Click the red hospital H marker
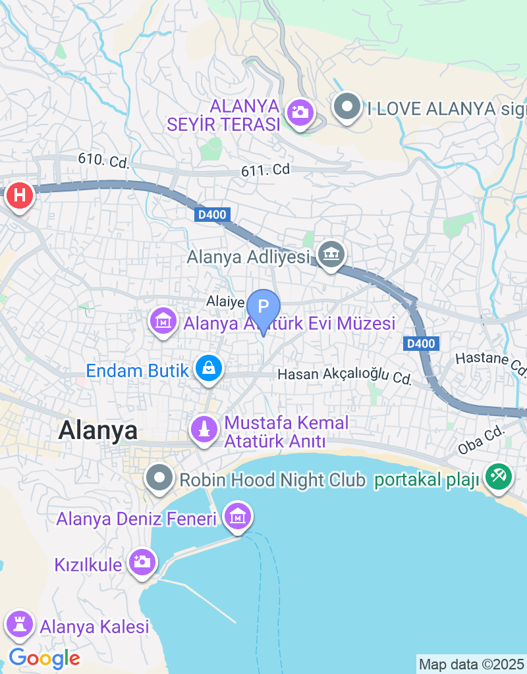[20, 195]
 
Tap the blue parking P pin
[263, 307]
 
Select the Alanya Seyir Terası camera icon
[300, 112]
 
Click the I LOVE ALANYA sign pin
[347, 107]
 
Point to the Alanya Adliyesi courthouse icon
[331, 253]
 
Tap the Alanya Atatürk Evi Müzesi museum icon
[163, 321]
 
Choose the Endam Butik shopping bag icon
[209, 369]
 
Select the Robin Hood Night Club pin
[160, 478]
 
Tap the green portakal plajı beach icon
[499, 477]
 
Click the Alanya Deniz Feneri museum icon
[237, 517]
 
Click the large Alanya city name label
[98, 430]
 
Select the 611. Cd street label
[265, 170]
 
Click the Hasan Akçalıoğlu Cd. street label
[345, 376]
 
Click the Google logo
[44, 658]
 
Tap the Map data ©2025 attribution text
[471, 664]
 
